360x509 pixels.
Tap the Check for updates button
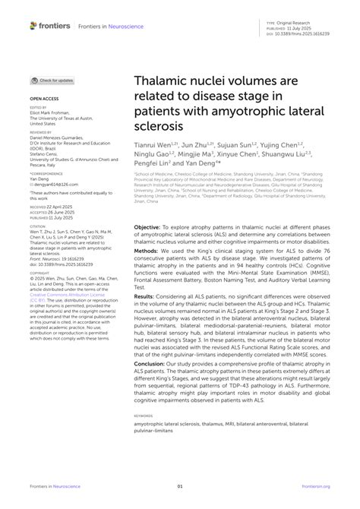52,80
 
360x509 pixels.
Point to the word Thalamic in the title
163,80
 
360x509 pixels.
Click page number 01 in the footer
180,485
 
